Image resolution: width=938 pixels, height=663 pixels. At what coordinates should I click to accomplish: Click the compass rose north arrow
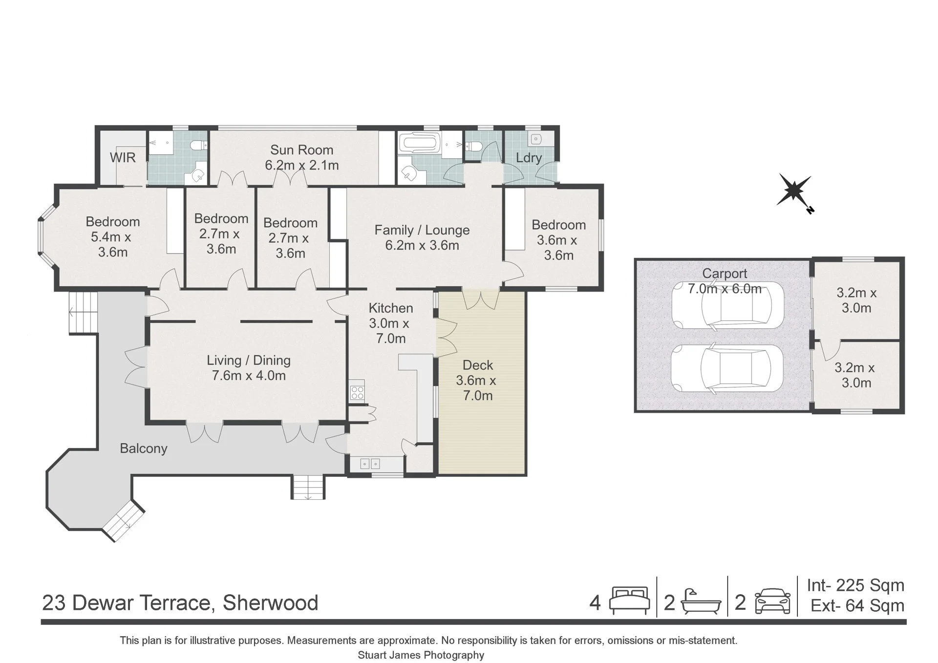(795, 192)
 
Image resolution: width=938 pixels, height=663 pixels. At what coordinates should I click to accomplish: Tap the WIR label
(123, 158)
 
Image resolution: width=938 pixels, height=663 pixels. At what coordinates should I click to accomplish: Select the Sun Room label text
(302, 150)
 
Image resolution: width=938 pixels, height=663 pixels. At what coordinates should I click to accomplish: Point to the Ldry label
(529, 158)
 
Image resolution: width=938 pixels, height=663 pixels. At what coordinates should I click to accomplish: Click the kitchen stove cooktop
(357, 392)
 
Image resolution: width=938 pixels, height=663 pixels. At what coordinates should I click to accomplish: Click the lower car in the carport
(727, 369)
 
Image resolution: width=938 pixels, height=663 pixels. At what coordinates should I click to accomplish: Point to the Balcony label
(144, 449)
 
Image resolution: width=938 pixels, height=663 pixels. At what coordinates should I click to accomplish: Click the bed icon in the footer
(630, 600)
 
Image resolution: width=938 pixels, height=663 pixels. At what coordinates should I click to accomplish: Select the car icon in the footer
(773, 601)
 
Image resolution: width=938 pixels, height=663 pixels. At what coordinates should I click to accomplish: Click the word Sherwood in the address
(271, 603)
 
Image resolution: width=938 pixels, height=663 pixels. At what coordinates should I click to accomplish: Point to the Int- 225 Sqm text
(855, 585)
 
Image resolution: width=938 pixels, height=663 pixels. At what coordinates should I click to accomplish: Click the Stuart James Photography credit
(421, 655)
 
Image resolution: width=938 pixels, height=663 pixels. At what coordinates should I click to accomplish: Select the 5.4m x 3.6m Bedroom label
(113, 237)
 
